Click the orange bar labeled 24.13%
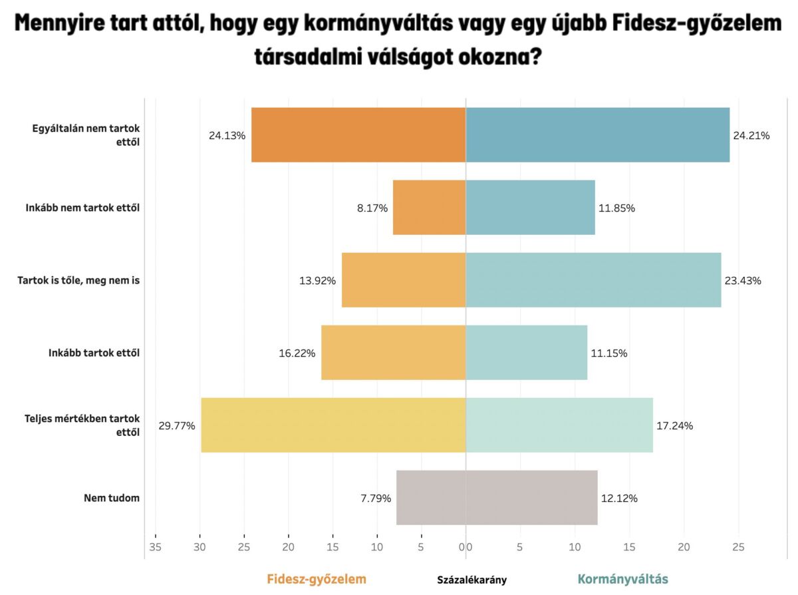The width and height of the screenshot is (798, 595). pyautogui.click(x=358, y=135)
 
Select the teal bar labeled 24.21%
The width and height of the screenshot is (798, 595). pyautogui.click(x=597, y=135)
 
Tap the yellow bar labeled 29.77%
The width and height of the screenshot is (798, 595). pyautogui.click(x=333, y=425)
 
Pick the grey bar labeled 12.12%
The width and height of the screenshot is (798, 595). pyautogui.click(x=531, y=498)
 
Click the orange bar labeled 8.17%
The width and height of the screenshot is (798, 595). pyautogui.click(x=429, y=208)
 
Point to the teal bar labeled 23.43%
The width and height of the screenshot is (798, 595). pyautogui.click(x=593, y=280)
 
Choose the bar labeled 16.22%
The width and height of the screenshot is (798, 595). pyautogui.click(x=393, y=353)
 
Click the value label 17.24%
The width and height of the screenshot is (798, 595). pyautogui.click(x=674, y=426)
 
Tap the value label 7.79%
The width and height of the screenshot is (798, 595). pyautogui.click(x=374, y=498)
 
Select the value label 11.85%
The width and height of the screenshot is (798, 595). pyautogui.click(x=616, y=208)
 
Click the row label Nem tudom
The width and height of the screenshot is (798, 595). pyautogui.click(x=112, y=498)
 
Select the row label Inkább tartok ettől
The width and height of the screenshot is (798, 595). pyautogui.click(x=94, y=353)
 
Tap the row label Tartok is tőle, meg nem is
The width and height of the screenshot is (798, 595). pyautogui.click(x=78, y=280)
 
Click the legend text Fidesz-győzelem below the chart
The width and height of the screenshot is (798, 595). pyautogui.click(x=317, y=579)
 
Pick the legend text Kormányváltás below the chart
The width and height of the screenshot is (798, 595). pyautogui.click(x=622, y=579)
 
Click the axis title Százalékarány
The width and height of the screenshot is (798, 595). pyautogui.click(x=471, y=580)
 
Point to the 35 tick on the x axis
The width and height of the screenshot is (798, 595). pyautogui.click(x=156, y=547)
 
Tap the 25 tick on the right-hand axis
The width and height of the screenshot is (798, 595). pyautogui.click(x=738, y=547)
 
